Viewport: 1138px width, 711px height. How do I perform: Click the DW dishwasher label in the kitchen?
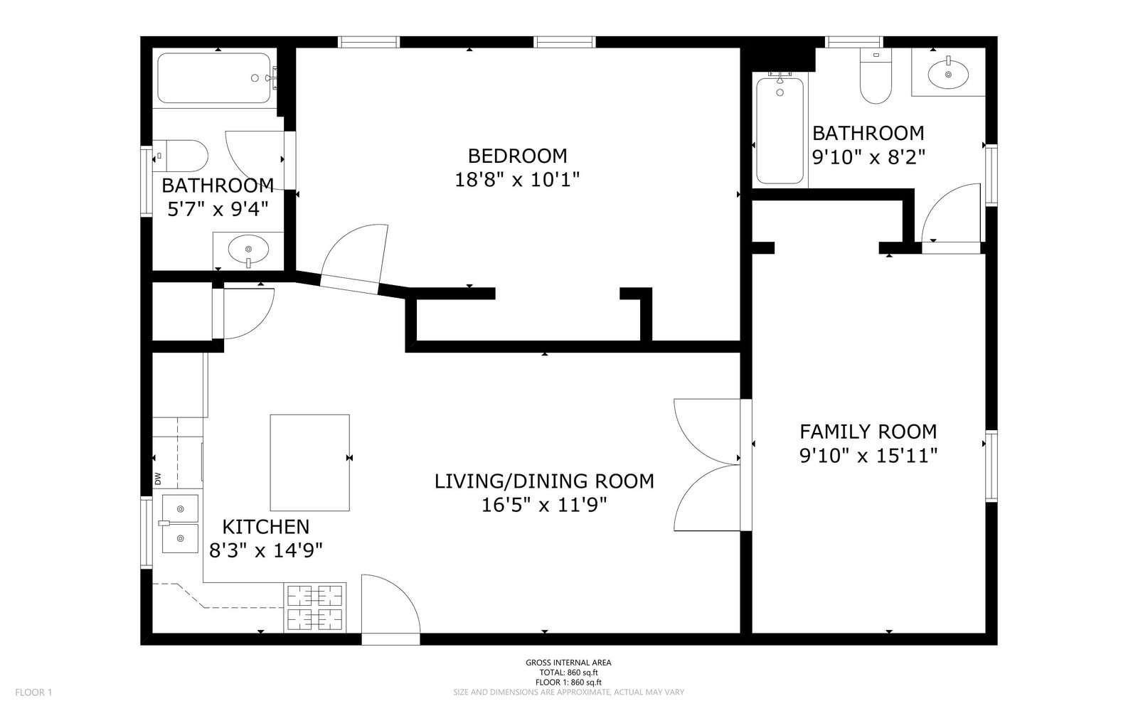[157, 479]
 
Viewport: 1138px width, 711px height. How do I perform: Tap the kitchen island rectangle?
[310, 463]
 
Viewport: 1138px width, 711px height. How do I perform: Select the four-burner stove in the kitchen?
[315, 608]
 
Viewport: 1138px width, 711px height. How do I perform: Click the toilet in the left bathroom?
[181, 156]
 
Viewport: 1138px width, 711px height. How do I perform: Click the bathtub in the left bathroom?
[214, 78]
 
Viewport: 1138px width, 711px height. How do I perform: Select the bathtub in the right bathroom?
[780, 130]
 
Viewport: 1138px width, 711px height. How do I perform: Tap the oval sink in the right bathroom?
[948, 75]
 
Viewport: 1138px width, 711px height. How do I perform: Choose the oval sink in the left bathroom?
[248, 250]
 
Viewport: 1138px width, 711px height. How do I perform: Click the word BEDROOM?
[517, 156]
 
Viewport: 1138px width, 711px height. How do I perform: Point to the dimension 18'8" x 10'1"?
[517, 180]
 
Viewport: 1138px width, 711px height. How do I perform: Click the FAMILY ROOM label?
[868, 432]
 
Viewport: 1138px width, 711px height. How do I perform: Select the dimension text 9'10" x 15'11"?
[868, 456]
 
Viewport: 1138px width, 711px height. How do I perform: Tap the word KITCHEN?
[266, 527]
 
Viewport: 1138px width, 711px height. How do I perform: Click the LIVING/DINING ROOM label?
[544, 481]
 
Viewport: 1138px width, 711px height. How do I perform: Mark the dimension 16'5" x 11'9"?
[544, 506]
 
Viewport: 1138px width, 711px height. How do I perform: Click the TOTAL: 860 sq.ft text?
[568, 673]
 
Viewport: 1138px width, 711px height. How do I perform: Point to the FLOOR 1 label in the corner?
[33, 693]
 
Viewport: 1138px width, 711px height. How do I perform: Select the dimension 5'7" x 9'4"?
[218, 209]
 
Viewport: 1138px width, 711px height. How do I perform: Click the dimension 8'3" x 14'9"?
[266, 550]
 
